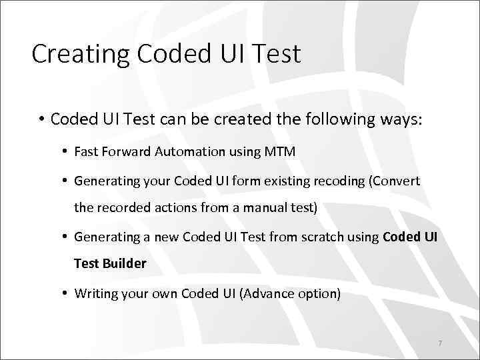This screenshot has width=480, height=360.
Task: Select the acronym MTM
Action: tap(280, 151)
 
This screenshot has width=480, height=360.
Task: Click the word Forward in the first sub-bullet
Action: tap(126, 151)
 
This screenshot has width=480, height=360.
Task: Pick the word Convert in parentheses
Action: tap(398, 181)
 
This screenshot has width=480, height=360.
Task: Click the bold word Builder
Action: tap(125, 263)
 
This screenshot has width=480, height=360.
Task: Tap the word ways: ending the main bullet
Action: tap(401, 119)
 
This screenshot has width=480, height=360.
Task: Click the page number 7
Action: tap(440, 343)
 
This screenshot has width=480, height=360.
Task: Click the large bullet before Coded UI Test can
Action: tap(41, 120)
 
